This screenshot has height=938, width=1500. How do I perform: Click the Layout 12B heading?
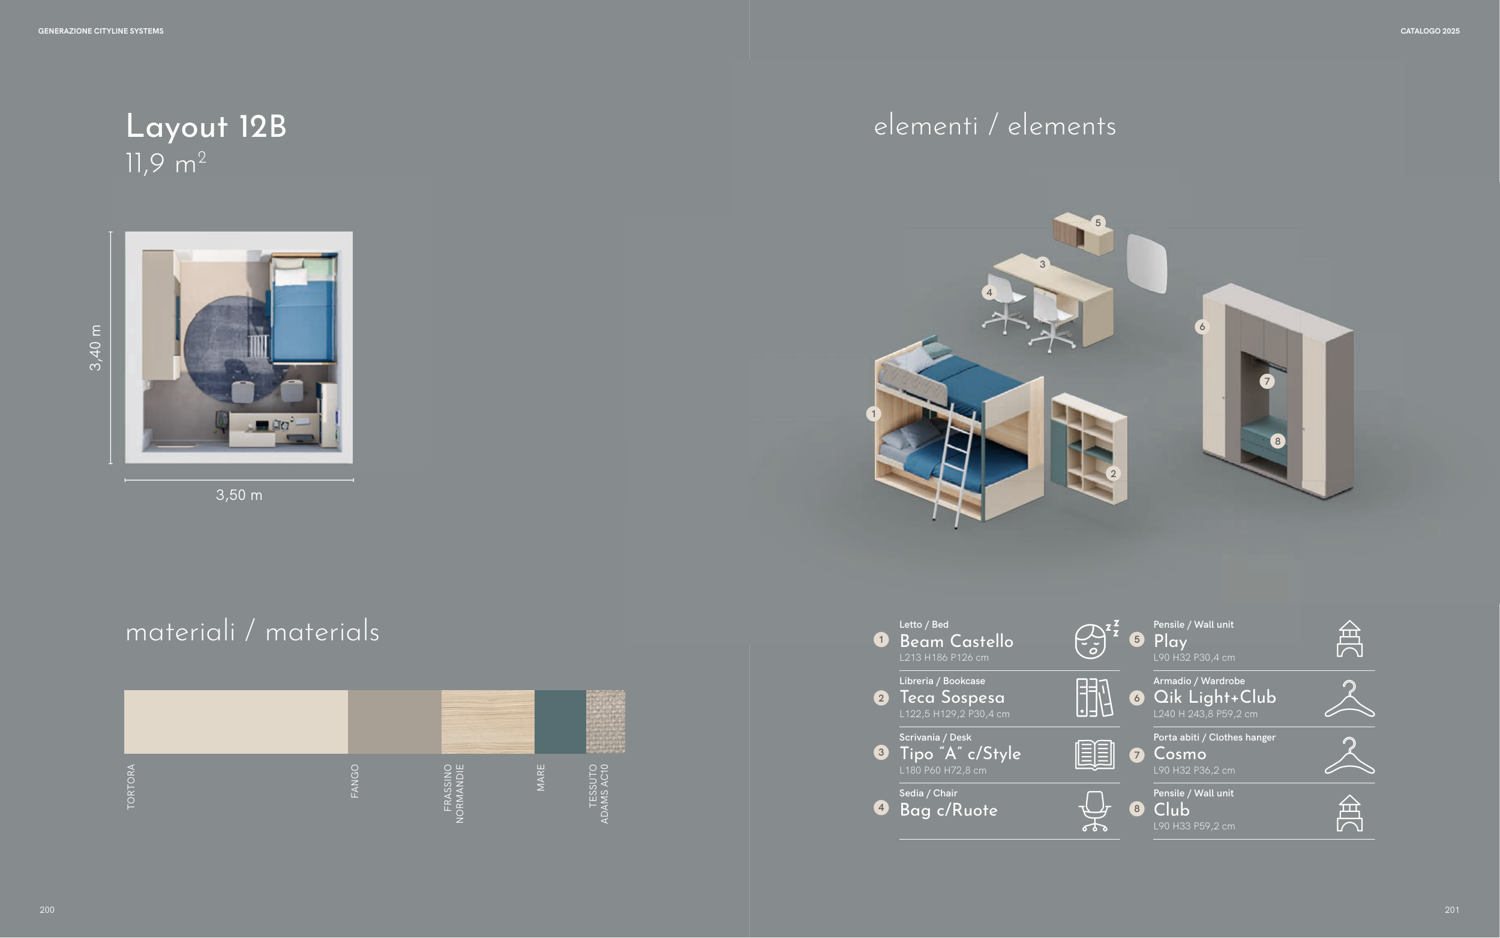pos(206,127)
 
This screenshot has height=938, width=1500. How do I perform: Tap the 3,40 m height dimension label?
pos(95,347)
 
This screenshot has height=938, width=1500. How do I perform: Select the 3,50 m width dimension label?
pos(239,495)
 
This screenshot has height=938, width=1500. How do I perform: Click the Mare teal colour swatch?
pos(560,721)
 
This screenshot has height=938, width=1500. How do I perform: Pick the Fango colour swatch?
pos(394,721)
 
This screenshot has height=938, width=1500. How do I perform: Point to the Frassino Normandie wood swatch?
pos(488,721)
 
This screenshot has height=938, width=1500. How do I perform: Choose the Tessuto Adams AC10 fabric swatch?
pos(605,721)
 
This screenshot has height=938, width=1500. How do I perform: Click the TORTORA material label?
pos(131,786)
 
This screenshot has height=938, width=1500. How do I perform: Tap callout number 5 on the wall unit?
pos(1097,222)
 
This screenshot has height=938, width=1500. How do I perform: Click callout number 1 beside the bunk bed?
pos(873,413)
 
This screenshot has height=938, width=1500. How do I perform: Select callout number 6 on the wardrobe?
pos(1202,326)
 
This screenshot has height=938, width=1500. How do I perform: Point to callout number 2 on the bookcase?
pos(1113,474)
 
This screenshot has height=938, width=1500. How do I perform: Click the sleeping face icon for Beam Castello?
pos(1096,639)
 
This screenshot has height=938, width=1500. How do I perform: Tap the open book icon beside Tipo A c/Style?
pos(1094,754)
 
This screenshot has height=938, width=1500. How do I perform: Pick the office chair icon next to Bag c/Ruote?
pos(1094,811)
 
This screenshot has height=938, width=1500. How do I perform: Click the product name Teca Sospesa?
pos(952,697)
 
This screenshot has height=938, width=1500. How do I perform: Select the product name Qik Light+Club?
pos(1214,697)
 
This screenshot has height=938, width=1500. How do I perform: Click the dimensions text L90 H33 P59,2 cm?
pos(1193,826)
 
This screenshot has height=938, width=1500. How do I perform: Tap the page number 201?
pos(1451,910)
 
